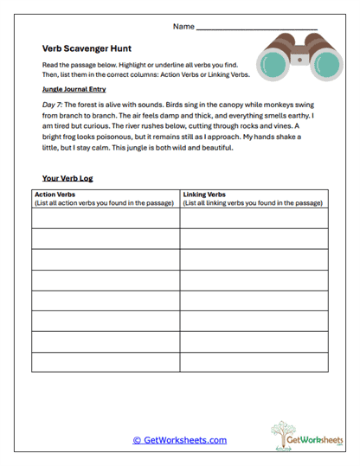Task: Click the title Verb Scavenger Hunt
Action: (83, 49)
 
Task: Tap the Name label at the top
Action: (183, 27)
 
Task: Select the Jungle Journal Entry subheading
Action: (74, 89)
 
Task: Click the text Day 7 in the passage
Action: (54, 105)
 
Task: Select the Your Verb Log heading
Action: (67, 178)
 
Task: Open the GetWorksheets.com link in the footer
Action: (180, 440)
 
